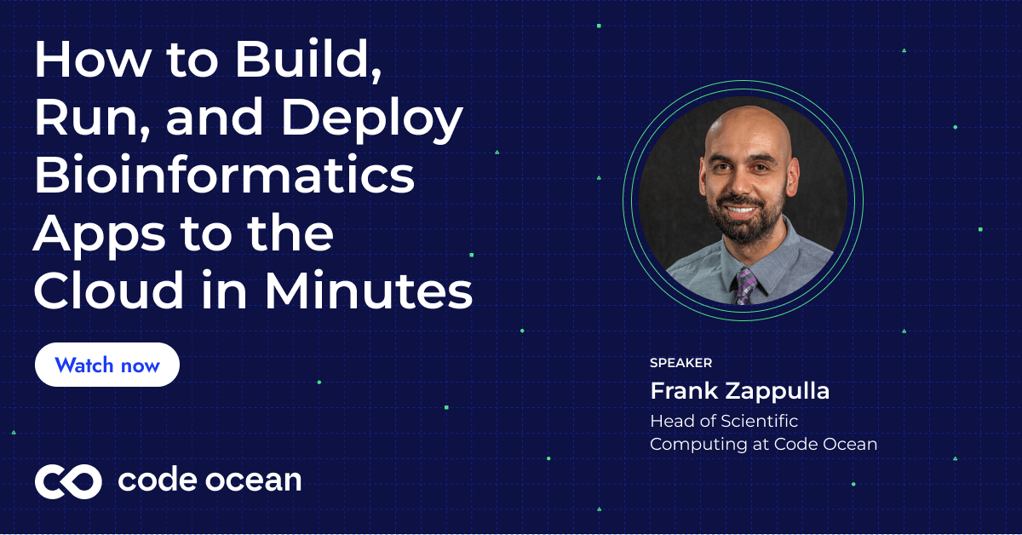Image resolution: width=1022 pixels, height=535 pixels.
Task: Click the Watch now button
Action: [x=107, y=365]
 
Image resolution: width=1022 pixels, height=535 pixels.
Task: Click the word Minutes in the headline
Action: [x=368, y=291]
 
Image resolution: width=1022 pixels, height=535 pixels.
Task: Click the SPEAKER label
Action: [x=680, y=363]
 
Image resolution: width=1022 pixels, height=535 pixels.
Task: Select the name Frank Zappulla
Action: [x=739, y=391]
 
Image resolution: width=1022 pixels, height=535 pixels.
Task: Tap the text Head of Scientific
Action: [x=724, y=421]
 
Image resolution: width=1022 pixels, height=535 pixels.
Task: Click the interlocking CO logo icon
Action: [x=68, y=481]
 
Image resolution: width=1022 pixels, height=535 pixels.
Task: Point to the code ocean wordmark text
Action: [x=210, y=480]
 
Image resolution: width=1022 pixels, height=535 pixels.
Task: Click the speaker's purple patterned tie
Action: [x=747, y=285]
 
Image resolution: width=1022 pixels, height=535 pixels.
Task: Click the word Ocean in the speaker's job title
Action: [x=847, y=444]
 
